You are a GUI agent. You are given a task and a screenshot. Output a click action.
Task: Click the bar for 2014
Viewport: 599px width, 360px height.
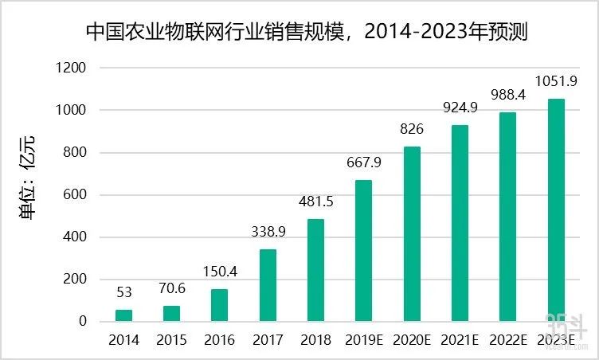click(x=124, y=315)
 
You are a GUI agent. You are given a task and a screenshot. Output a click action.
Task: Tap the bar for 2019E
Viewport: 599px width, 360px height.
click(x=363, y=250)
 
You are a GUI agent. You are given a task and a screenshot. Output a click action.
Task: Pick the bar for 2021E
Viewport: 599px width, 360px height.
click(x=460, y=223)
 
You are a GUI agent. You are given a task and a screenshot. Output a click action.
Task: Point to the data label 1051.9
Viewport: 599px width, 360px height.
click(x=555, y=81)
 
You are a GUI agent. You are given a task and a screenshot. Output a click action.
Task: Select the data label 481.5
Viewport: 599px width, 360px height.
click(x=316, y=202)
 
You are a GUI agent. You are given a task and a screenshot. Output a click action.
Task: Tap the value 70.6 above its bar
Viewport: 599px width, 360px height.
click(x=172, y=288)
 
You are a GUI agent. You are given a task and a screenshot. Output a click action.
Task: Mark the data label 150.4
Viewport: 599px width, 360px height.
click(x=220, y=272)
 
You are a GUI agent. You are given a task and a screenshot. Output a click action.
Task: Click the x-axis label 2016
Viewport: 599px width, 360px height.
click(x=220, y=340)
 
